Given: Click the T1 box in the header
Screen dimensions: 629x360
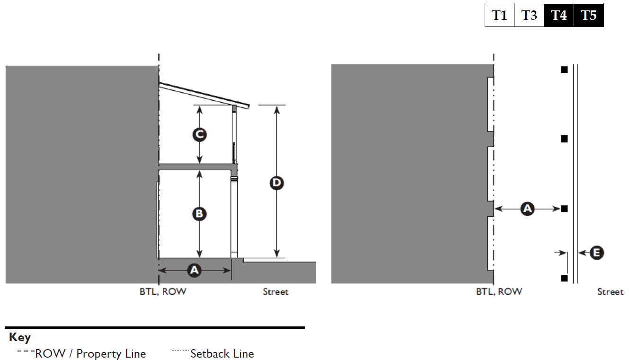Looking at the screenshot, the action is coord(499,16).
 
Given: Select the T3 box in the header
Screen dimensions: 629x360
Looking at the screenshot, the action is coord(529,16).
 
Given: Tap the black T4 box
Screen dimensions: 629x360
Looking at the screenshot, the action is coord(559,16).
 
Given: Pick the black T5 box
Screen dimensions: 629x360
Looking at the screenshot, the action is coord(589,16).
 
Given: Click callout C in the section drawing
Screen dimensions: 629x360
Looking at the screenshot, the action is coord(199,135).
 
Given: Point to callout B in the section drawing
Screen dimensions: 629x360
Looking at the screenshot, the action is coord(199,214).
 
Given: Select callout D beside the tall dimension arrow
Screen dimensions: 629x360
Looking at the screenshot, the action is coord(276,183).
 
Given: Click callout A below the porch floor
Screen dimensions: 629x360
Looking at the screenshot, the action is coord(194,270).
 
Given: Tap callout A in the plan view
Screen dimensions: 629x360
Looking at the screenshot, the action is coord(527,208).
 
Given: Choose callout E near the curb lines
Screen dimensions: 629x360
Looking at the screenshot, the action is coord(596,253).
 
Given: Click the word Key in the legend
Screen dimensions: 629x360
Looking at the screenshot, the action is coord(20,338).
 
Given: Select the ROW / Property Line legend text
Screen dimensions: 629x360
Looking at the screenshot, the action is coord(90,354).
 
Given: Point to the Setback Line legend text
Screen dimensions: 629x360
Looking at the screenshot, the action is coord(222,354).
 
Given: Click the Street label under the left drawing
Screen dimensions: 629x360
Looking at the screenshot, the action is coord(275,292).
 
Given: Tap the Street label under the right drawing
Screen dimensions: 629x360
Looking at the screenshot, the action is coord(610,292).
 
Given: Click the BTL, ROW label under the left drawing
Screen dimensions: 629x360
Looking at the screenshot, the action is coord(163,292).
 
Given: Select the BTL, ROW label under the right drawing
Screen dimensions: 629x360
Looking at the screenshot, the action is coord(499,292).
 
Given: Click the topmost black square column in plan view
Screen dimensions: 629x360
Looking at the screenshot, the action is coord(564,70).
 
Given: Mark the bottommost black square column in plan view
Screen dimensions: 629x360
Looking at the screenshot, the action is coord(564,278).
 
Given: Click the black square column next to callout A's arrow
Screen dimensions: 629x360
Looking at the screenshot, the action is coord(564,209).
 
